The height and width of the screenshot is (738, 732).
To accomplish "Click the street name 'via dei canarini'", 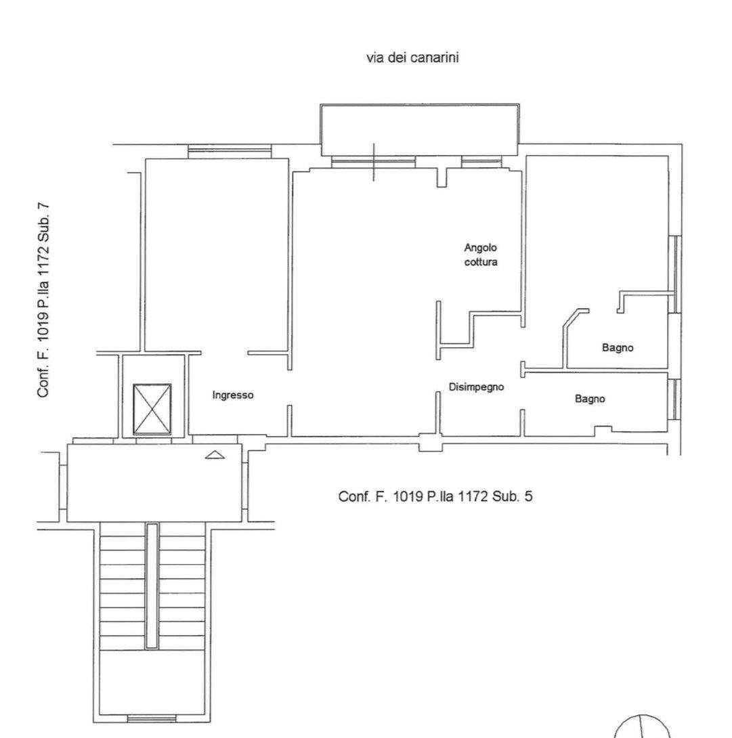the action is click(412, 58).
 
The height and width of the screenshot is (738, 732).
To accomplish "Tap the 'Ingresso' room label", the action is click(232, 395).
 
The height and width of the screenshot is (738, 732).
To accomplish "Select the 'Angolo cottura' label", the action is click(481, 255).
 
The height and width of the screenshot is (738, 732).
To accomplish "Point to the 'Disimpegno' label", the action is click(476, 387).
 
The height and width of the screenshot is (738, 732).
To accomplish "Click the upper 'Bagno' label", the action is click(618, 348).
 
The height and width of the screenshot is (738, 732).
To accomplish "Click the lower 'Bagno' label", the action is click(590, 399).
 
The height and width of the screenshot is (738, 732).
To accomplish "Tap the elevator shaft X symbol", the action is click(152, 409).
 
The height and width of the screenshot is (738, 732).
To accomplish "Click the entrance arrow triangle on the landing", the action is click(215, 455).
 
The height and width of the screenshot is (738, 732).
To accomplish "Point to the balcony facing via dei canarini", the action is click(419, 130).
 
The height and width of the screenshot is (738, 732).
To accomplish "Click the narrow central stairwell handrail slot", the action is click(152, 586).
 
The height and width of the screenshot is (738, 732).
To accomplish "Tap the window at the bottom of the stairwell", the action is click(152, 732).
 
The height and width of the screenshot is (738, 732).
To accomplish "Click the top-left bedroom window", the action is click(230, 151).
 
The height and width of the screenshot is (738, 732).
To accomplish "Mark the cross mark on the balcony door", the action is click(374, 162).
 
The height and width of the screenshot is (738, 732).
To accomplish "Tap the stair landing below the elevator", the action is click(154, 483).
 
